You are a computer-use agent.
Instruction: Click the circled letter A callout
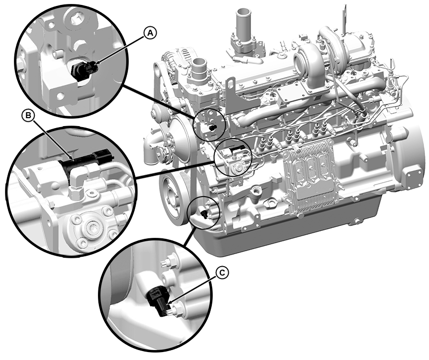click(x=150, y=33)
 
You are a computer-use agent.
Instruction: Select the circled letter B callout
click(x=28, y=116)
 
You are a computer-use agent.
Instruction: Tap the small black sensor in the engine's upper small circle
click(x=212, y=128)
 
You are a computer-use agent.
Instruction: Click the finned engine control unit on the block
click(x=308, y=177)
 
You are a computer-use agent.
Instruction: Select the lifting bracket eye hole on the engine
click(x=231, y=82)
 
